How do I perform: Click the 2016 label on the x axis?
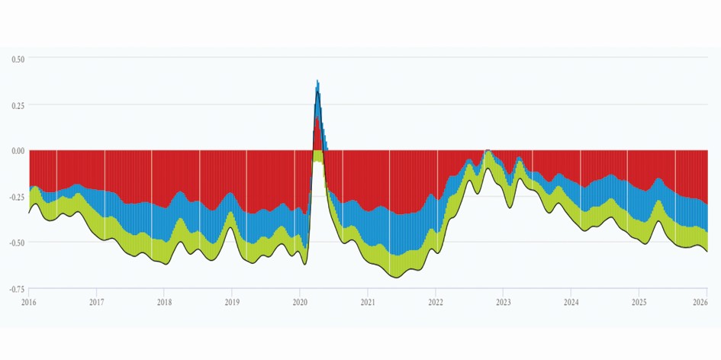pos(29,302)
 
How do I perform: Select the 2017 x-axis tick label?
pos(97,302)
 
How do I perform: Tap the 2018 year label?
pos(165,302)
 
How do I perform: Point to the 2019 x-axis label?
pos(232,302)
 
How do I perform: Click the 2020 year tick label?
pos(300,302)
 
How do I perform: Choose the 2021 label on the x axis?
pos(368,302)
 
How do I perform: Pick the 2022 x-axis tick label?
pos(436,302)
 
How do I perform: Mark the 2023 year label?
pos(504,302)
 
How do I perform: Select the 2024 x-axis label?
pos(571,302)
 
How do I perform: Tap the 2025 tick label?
pos(639,302)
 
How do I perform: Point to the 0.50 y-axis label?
pos(18,59)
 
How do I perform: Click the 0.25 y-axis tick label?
pos(18,105)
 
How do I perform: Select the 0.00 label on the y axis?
pos(18,151)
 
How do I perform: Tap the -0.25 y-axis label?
pos(16,197)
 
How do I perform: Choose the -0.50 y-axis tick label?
pos(16,243)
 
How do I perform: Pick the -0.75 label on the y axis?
pos(16,289)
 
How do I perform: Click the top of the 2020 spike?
pos(317,80)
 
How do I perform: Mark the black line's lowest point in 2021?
pos(395,278)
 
